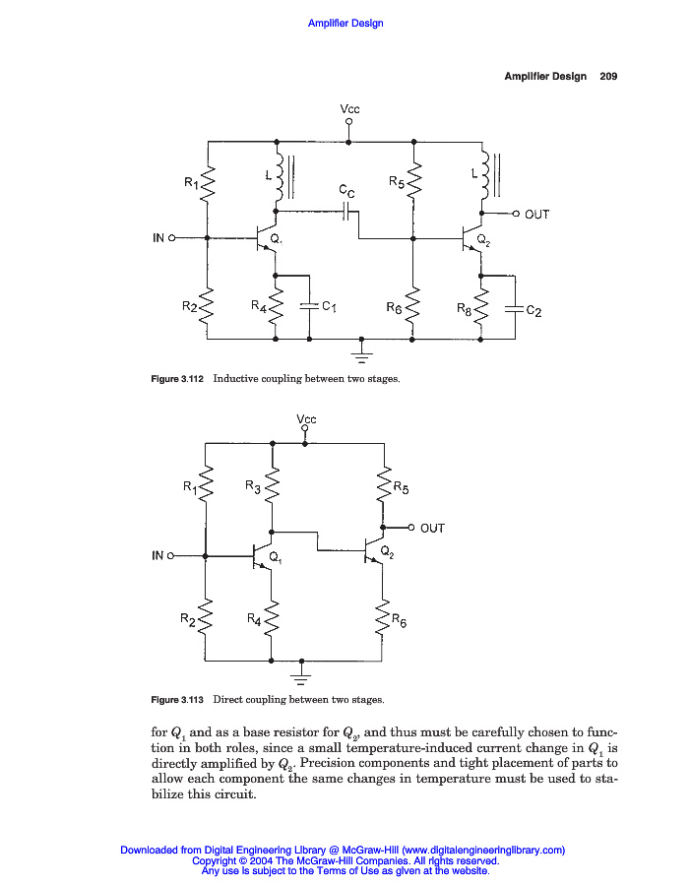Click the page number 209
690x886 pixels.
coord(607,77)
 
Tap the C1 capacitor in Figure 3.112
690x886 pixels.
coord(310,306)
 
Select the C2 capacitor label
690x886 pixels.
coord(533,311)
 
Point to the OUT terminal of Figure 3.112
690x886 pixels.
coord(517,214)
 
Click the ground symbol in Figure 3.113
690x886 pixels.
coord(302,675)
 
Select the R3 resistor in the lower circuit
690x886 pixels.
coord(274,483)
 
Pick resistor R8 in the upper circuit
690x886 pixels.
coord(481,306)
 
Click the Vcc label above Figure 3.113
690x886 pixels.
coord(306,419)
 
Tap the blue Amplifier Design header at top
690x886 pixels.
coord(345,24)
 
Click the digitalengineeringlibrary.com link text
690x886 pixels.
coord(483,850)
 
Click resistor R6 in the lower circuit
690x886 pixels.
coord(384,618)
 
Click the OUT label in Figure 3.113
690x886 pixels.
coord(432,529)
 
